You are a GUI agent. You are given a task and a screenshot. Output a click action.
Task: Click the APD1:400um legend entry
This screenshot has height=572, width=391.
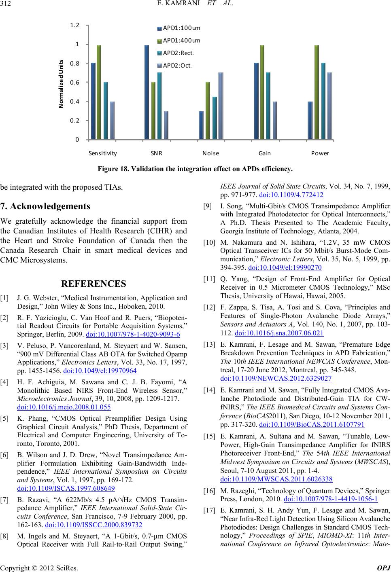pos(181,40)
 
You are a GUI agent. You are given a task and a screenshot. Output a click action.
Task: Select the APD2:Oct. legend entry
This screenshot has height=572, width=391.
pos(177,65)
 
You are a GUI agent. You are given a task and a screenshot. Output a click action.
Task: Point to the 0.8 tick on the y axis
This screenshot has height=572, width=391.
pos(75,63)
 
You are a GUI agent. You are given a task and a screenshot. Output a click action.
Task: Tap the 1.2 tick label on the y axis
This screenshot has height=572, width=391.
pos(75,25)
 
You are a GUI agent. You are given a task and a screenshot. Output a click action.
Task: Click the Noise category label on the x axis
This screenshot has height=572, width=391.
pos(210,154)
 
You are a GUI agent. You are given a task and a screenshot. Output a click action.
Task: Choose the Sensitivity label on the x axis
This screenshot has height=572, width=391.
pos(102,154)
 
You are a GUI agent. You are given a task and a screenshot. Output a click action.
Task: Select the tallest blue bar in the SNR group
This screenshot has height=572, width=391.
pos(147,92)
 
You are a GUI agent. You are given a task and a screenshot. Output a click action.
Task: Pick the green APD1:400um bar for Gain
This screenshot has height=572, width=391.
pos(262,92)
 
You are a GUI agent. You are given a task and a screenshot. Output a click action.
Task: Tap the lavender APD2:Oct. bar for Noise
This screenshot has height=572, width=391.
pos(221,106)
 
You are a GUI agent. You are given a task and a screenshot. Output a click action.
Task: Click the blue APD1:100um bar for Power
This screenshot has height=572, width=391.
pos(310,120)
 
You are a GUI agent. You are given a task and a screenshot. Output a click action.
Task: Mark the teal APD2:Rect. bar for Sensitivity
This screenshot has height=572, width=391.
pos(106,111)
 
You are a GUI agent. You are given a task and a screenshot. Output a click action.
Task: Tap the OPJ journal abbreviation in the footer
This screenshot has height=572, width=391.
pos(384,568)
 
